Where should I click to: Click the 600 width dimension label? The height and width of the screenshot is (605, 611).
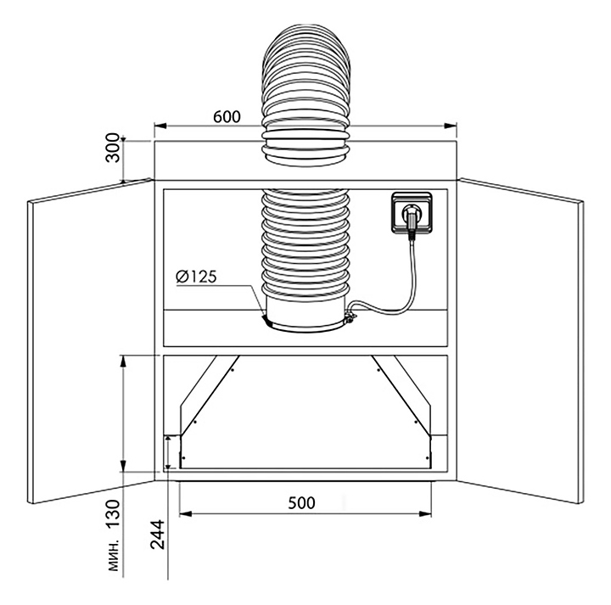pyautogui.click(x=227, y=116)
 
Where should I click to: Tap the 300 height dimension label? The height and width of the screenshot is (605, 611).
pyautogui.click(x=113, y=148)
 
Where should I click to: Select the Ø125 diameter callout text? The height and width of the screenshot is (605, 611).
pyautogui.click(x=196, y=277)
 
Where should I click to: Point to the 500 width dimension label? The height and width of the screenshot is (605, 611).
pyautogui.click(x=301, y=503)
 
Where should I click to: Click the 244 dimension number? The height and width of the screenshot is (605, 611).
pyautogui.click(x=158, y=535)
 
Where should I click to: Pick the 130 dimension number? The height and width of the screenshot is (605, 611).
pyautogui.click(x=113, y=514)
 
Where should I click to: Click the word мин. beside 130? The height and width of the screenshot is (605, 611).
pyautogui.click(x=114, y=557)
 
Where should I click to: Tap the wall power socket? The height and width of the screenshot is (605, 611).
pyautogui.click(x=412, y=212)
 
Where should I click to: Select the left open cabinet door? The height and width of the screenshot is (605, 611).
pyautogui.click(x=91, y=341)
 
